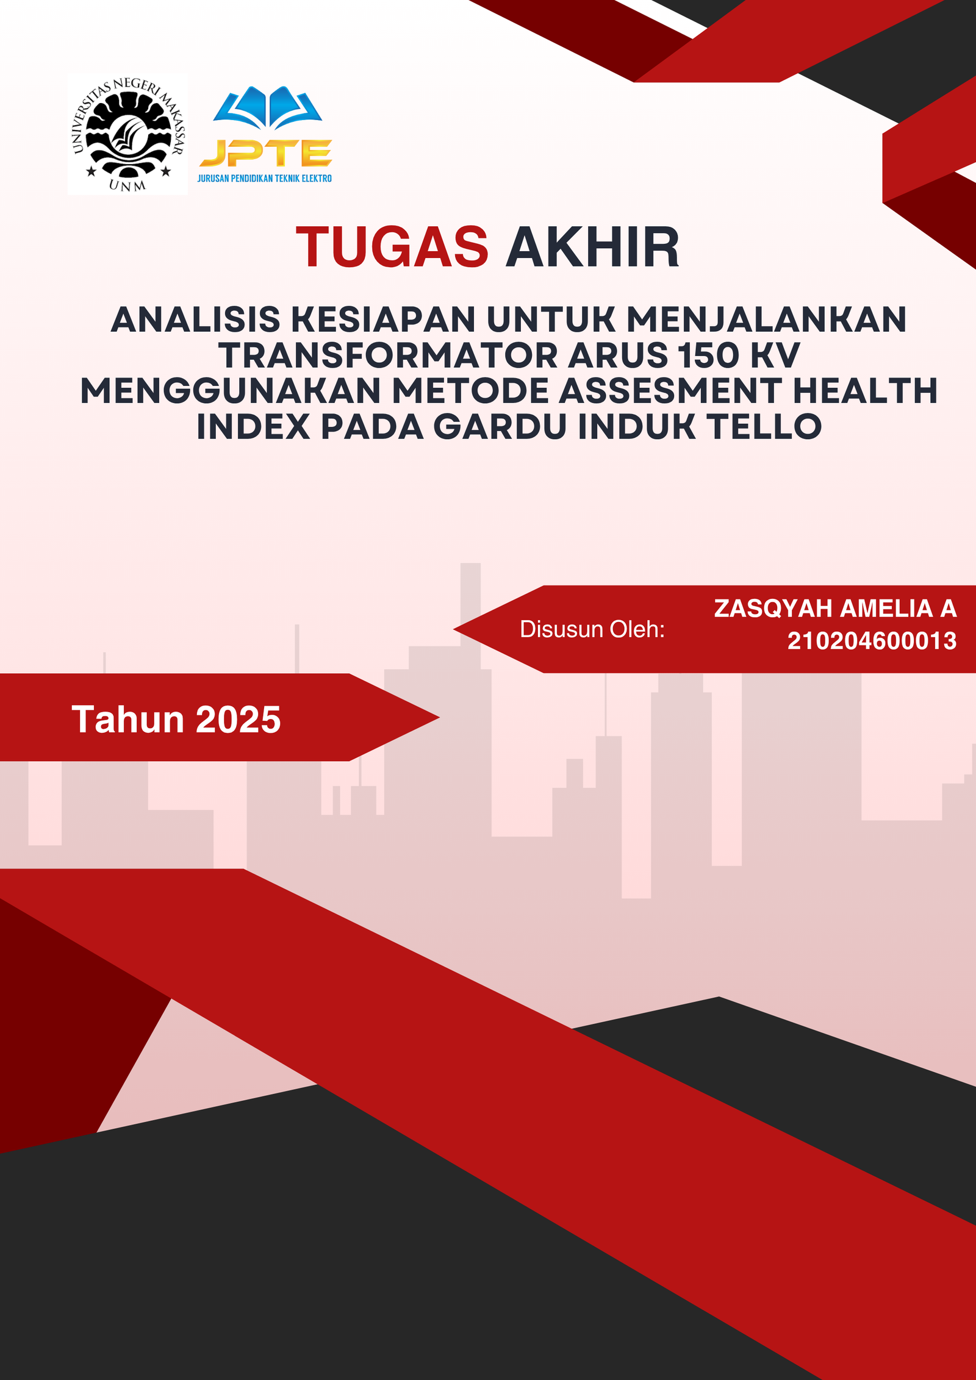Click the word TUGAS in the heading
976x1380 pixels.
[x=392, y=247]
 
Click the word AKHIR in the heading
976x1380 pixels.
[x=592, y=247]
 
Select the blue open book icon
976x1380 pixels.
[x=267, y=107]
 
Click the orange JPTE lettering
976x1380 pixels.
[x=266, y=152]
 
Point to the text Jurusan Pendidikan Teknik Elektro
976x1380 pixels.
[x=265, y=179]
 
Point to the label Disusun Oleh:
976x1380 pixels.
[x=592, y=629]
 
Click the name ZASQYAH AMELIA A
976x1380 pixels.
[x=835, y=609]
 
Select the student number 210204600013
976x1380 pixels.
[x=872, y=641]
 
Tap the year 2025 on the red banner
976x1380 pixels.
[x=239, y=720]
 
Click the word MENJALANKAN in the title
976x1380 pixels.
[x=766, y=320]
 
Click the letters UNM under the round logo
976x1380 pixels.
[x=127, y=185]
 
